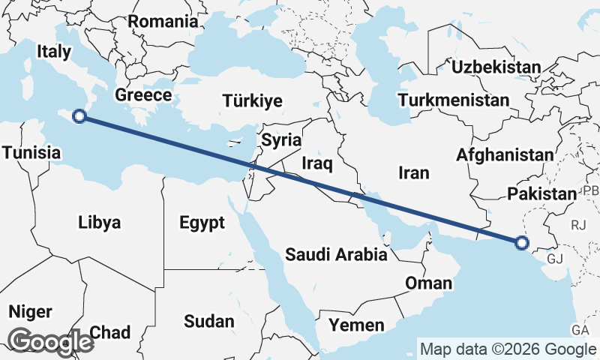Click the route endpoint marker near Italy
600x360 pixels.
pos(79,115)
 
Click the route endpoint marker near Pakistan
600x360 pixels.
pos(522,242)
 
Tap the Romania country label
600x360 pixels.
pos(166,21)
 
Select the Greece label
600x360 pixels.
pos(143,95)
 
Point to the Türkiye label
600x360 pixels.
pos(252,101)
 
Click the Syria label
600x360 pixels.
pos(281,140)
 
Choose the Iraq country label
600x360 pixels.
pos(316,163)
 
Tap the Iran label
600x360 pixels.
pos(413,173)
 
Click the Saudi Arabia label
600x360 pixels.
pos(336,255)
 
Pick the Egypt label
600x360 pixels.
pos(202,222)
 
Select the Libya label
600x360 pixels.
pos(100,222)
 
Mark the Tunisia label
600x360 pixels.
pos(31,153)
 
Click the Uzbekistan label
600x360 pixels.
pos(496,67)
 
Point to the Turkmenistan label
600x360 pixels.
pos(454,100)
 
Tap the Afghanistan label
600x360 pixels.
pos(505,155)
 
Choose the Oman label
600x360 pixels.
pos(428,283)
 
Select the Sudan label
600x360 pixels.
pos(209,321)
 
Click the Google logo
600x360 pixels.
pos(50,342)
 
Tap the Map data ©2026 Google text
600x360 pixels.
pos(508,349)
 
